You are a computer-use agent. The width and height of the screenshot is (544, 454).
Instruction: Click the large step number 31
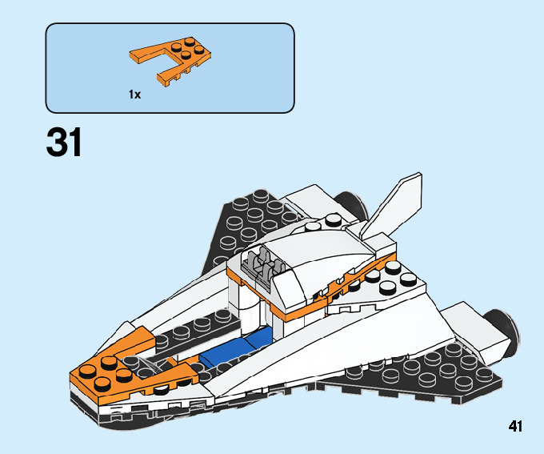[x=65, y=143]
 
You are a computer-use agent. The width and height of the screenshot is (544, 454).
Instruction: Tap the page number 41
[x=514, y=426]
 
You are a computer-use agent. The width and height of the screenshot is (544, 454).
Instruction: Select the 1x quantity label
[x=134, y=94]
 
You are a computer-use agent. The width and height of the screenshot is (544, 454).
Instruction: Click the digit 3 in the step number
[x=57, y=143]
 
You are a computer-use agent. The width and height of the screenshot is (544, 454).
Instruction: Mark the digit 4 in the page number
[x=510, y=426]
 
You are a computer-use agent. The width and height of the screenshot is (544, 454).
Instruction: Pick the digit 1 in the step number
[x=75, y=143]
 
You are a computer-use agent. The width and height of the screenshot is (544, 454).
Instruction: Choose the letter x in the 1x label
[x=138, y=95]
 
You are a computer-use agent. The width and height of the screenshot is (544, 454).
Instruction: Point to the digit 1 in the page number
[x=519, y=426]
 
